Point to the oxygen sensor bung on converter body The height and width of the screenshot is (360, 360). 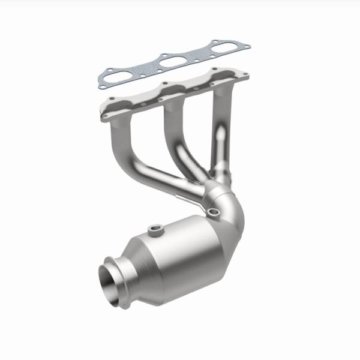click(157, 229)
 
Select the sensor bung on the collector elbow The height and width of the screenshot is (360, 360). click(212, 211)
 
